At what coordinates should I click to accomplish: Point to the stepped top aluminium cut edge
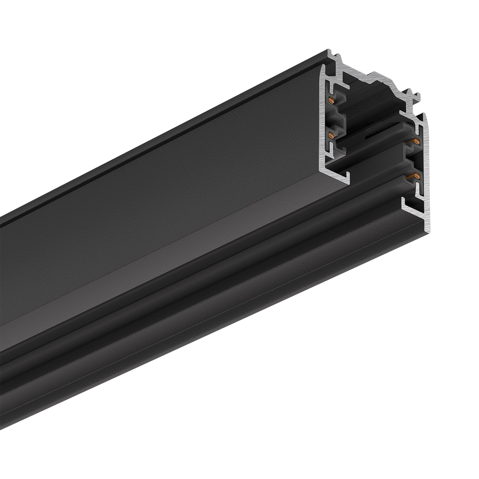377,75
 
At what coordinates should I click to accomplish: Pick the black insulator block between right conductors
410,158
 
